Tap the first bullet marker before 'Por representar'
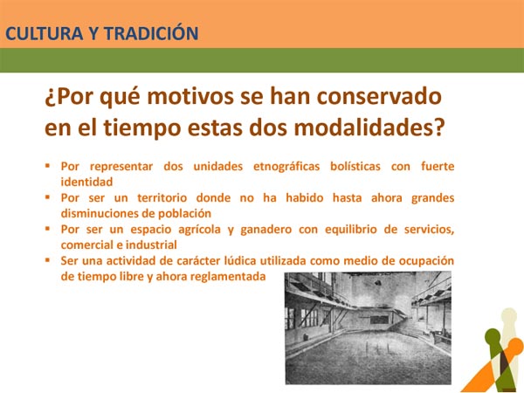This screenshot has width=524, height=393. [x=49, y=166]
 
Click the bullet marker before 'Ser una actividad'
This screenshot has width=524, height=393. [x=49, y=260]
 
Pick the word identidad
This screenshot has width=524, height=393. [x=86, y=182]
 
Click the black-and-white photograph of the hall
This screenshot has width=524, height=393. [x=368, y=327]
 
